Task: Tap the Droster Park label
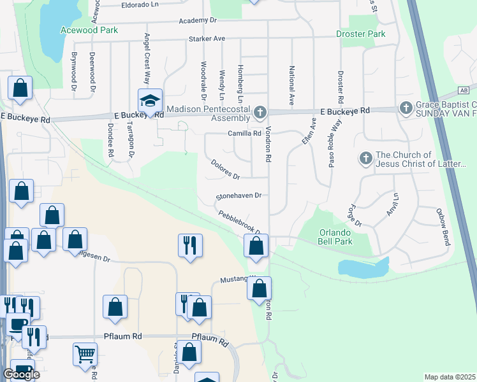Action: pos(361,34)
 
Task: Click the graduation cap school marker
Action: pos(150,101)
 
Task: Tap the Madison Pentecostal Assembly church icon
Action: pos(260,113)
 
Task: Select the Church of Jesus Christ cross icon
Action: pos(365,157)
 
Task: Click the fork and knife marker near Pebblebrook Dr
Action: pos(189,245)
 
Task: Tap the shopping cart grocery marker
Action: pos(85,353)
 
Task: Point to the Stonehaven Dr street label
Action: pos(239,196)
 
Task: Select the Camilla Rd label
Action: pos(245,134)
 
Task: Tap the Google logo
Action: pos(21,374)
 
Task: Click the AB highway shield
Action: pos(464,91)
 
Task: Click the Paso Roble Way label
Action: pos(331,150)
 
